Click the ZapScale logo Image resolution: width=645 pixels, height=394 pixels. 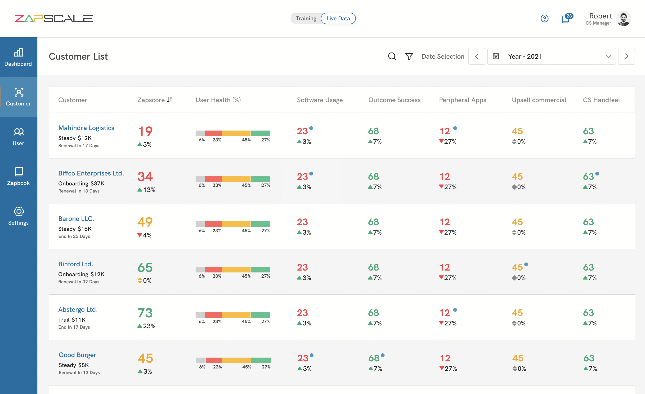54,18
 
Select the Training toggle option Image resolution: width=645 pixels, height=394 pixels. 306,18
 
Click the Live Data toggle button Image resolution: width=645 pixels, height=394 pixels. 338,18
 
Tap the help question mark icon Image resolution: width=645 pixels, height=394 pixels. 544,18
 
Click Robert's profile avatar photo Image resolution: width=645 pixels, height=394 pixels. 623,18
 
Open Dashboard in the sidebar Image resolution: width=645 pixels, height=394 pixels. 18,57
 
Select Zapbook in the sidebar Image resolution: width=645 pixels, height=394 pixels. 18,176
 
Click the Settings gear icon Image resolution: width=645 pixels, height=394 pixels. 18,211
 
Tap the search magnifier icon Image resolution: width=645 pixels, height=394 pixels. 392,57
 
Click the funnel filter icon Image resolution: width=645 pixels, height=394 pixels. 409,57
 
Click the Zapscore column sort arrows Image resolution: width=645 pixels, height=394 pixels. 170,100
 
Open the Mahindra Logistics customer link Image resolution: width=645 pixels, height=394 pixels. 86,128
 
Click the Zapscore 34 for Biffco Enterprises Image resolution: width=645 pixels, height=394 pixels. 145,177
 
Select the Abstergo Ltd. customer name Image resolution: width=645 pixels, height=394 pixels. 78,310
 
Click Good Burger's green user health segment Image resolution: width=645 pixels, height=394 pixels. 261,360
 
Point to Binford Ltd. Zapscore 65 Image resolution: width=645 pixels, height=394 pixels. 145,267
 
